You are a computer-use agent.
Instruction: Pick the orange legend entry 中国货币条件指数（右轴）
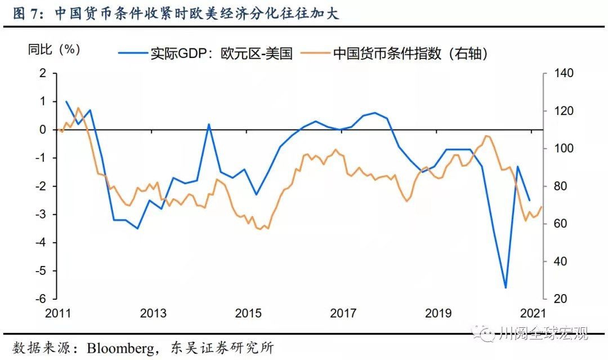tap(394, 54)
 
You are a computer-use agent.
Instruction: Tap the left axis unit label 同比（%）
tap(55, 49)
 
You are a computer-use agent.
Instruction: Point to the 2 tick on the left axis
tap(42, 73)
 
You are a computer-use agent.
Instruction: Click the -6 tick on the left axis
tap(41, 299)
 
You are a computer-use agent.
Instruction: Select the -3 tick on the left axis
tap(41, 214)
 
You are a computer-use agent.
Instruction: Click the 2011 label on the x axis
tap(57, 313)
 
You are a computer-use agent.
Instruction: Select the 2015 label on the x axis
tap(248, 313)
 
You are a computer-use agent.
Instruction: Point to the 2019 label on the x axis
tap(439, 313)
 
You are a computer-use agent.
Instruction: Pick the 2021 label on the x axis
tap(533, 313)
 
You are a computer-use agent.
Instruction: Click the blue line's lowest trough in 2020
tap(506, 287)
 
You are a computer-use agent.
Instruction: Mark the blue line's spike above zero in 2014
tap(209, 125)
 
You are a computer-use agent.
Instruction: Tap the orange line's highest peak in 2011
tap(78, 108)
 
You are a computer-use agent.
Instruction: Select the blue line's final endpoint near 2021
tap(529, 200)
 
